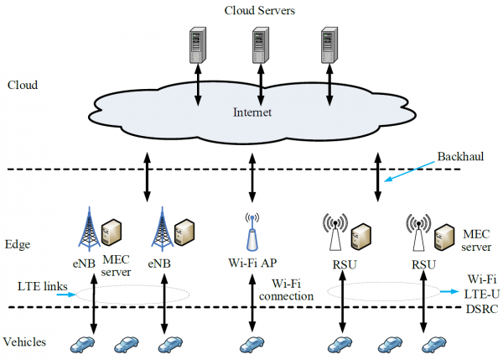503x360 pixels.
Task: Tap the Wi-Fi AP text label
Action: coord(251,264)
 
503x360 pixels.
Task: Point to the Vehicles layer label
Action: coord(26,342)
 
